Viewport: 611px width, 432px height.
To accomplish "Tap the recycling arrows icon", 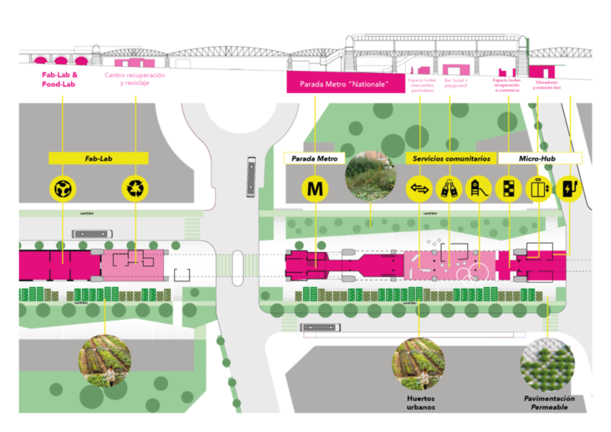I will click(x=135, y=189).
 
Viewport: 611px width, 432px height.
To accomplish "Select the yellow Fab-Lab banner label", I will click(x=99, y=157).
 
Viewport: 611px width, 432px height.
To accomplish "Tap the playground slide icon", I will click(x=478, y=189).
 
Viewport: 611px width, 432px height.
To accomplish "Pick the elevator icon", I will click(x=538, y=189).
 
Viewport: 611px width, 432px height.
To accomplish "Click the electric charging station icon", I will click(x=568, y=189).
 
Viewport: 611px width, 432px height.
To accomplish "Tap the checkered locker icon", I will click(x=508, y=189).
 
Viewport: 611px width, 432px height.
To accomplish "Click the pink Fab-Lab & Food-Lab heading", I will click(x=59, y=79).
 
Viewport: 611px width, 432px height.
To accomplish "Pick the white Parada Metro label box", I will click(x=314, y=157).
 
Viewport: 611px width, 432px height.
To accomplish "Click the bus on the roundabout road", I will click(x=251, y=176).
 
